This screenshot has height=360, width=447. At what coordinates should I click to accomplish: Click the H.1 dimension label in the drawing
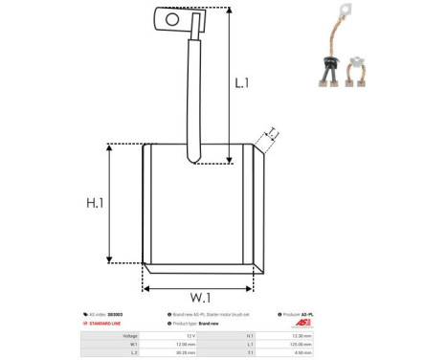tap(94, 202)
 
